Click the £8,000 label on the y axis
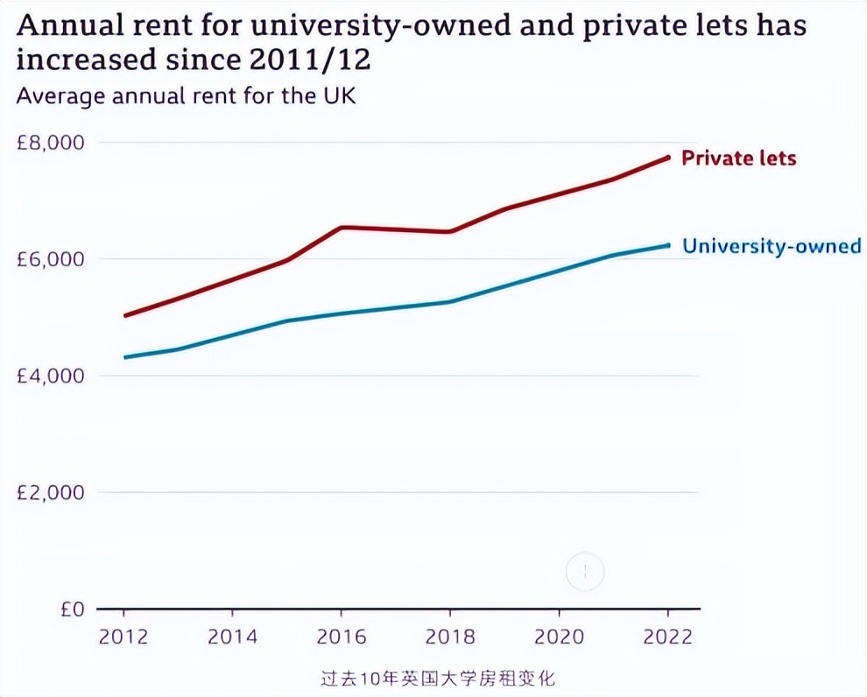[x=51, y=142]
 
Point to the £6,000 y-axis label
[x=51, y=259]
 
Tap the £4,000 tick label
[x=51, y=376]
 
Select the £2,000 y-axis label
[x=51, y=492]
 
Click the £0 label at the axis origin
[x=73, y=609]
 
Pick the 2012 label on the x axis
[x=123, y=637]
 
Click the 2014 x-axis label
[x=232, y=637]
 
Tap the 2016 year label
[x=341, y=637]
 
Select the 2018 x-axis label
[x=449, y=637]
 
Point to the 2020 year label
[x=558, y=637]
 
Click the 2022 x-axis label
[x=666, y=637]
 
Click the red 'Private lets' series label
[x=739, y=158]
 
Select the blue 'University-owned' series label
[x=772, y=246]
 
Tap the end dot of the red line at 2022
[x=667, y=158]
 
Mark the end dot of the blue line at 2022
[x=667, y=245]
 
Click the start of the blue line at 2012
[x=124, y=357]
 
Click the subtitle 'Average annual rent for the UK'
[x=186, y=95]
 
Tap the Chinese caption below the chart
[x=438, y=679]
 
